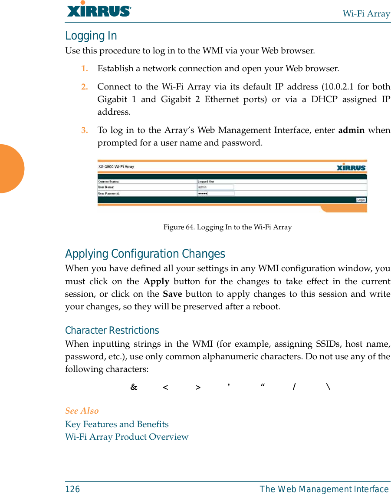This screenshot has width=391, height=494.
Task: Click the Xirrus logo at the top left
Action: pyautogui.click(x=99, y=10)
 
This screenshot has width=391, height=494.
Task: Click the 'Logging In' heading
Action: pyautogui.click(x=91, y=36)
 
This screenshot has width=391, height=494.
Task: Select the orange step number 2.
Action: pyautogui.click(x=85, y=87)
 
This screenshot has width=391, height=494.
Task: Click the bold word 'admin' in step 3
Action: pyautogui.click(x=351, y=130)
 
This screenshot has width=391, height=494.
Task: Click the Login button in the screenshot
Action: pyautogui.click(x=361, y=200)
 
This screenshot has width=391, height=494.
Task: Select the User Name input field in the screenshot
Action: pyautogui.click(x=216, y=187)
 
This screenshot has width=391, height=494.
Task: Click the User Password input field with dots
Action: pyautogui.click(x=216, y=193)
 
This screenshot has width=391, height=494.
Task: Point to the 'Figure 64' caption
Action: pyautogui.click(x=227, y=227)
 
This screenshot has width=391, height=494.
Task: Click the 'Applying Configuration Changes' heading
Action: pyautogui.click(x=145, y=254)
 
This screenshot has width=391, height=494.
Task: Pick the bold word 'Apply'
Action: pyautogui.click(x=156, y=282)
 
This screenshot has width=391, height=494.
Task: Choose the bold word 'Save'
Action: pyautogui.click(x=172, y=294)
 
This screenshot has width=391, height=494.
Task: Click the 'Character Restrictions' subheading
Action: pyautogui.click(x=112, y=331)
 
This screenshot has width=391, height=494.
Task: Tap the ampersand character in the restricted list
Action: pyautogui.click(x=134, y=387)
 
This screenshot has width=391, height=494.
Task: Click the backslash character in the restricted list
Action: pyautogui.click(x=328, y=387)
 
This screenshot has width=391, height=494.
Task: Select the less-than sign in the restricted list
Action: pyautogui.click(x=166, y=387)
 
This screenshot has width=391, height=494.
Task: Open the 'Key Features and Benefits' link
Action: pyautogui.click(x=117, y=424)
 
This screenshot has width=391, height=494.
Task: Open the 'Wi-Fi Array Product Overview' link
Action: pyautogui.click(x=127, y=437)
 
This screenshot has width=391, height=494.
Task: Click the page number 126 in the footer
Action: pyautogui.click(x=72, y=489)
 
